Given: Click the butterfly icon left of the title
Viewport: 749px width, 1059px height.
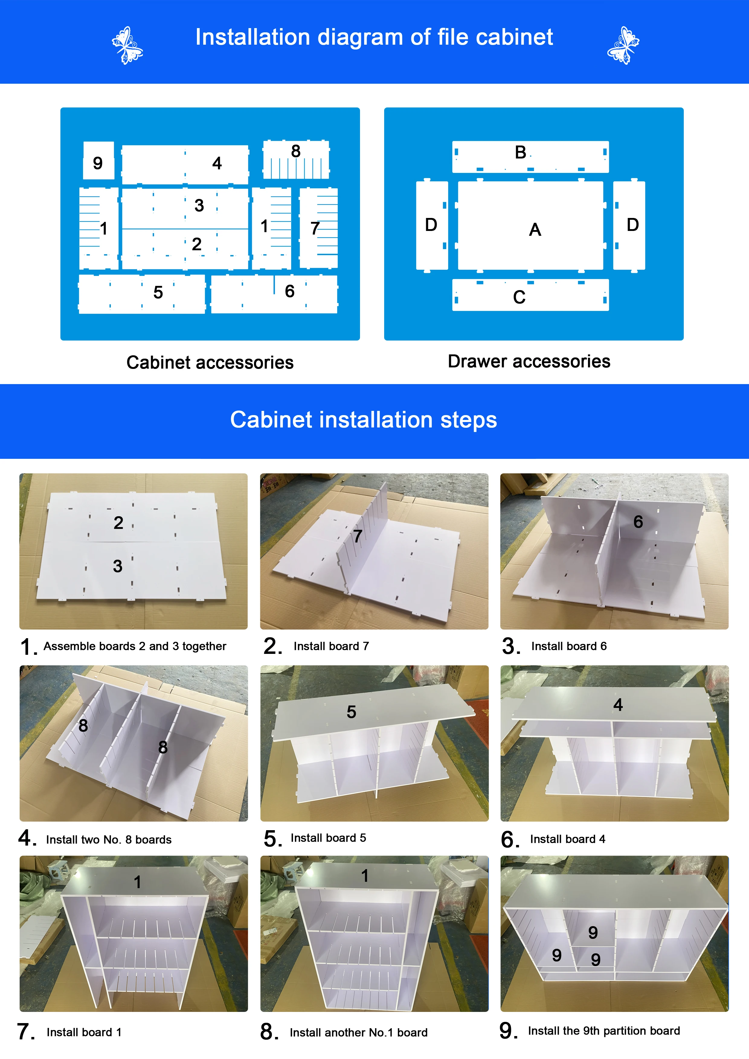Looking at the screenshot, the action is point(127,45).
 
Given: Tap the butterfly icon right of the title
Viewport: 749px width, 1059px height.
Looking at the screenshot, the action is point(623,45).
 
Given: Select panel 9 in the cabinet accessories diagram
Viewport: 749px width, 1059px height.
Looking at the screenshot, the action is point(98,161).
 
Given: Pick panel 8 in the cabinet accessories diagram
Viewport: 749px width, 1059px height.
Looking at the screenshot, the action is point(296,160).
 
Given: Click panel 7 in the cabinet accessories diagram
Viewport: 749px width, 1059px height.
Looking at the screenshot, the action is point(318,228).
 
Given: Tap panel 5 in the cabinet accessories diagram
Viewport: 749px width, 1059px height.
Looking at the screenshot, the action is point(142,294).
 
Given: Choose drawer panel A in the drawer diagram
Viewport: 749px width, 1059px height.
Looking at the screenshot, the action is point(530,226).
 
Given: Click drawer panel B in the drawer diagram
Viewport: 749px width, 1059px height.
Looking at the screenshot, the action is point(530,157).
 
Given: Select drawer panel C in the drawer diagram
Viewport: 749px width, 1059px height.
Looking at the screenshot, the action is point(530,295).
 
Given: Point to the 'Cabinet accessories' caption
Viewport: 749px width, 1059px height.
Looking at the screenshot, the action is point(210,363).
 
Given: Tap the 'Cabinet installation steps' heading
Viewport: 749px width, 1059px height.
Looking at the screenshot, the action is point(364,420).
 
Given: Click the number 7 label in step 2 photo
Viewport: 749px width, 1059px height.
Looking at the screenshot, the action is point(358,536).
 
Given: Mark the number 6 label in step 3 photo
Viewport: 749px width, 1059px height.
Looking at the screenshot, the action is point(638,522).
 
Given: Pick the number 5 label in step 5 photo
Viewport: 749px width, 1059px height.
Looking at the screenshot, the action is point(351,712).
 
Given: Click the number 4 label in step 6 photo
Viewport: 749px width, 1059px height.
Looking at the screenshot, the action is point(618,704).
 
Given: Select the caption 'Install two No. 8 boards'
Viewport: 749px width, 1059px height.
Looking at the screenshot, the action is point(109,840).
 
